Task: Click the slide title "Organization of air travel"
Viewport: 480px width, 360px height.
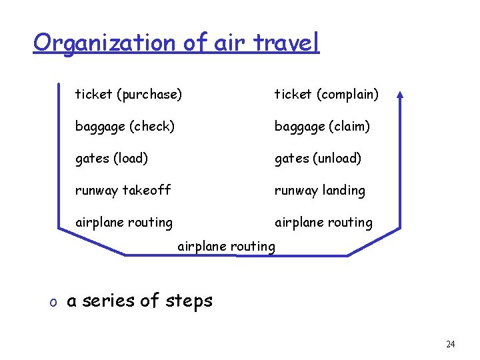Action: [x=176, y=43]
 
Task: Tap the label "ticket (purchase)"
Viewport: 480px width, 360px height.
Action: [x=128, y=95]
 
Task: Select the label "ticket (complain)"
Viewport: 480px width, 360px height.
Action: [x=327, y=95]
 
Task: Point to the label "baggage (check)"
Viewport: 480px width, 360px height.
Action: [x=125, y=126]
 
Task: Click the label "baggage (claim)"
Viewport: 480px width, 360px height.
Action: [x=322, y=126]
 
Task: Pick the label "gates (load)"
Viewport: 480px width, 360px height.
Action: [x=111, y=158]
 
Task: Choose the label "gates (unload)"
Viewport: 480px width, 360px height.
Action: [x=318, y=158]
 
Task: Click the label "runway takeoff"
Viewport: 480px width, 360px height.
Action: [x=123, y=190]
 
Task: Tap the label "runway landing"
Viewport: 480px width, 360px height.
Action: [x=320, y=190]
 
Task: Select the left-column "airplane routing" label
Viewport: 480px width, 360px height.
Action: [x=123, y=222]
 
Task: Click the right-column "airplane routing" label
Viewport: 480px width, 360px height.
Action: [x=323, y=222]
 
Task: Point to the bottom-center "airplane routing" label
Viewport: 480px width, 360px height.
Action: [x=226, y=246]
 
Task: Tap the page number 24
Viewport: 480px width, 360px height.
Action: [x=450, y=344]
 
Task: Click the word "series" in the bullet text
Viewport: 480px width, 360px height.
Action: [x=109, y=301]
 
